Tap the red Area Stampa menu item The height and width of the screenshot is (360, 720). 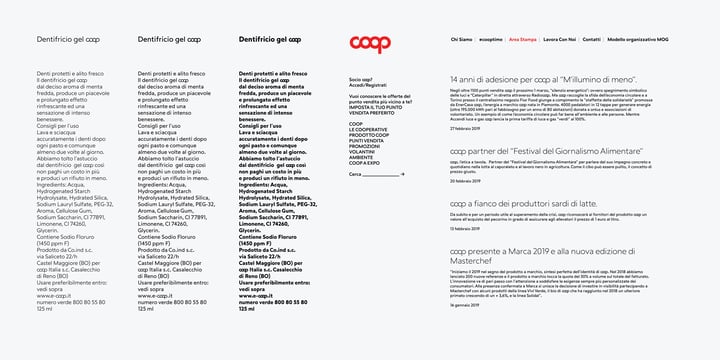522,39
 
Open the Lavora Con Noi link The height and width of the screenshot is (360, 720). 559,39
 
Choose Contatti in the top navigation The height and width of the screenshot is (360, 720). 592,39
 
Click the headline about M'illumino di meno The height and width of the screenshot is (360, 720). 544,78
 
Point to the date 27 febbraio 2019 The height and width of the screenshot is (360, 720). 465,129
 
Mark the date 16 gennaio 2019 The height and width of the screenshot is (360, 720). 465,305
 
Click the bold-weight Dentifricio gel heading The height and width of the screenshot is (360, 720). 269,39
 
